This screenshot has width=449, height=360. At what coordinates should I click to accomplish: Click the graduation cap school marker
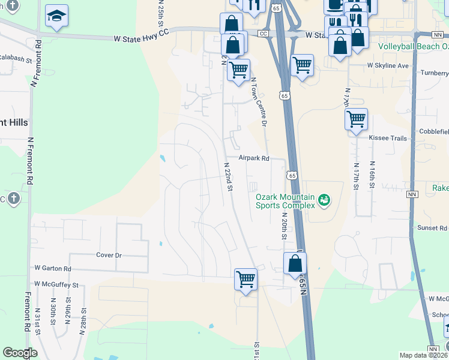click(x=56, y=16)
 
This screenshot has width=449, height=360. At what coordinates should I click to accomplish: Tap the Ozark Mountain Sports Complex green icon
click(x=325, y=200)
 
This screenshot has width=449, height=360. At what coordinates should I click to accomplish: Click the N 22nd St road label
click(x=228, y=176)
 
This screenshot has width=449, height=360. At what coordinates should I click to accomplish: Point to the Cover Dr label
click(x=109, y=255)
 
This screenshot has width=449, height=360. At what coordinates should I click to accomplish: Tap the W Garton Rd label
click(x=53, y=269)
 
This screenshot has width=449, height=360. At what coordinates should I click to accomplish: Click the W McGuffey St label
click(x=56, y=284)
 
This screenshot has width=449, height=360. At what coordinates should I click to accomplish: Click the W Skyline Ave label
click(x=388, y=65)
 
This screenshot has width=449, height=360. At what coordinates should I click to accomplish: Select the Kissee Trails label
click(x=391, y=138)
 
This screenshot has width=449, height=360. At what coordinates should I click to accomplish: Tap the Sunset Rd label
click(x=433, y=228)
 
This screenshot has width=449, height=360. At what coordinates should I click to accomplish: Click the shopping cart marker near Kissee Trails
click(x=356, y=119)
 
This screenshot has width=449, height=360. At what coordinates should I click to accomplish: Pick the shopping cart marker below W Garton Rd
click(x=246, y=278)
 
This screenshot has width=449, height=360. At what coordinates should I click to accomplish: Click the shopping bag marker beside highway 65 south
click(x=295, y=263)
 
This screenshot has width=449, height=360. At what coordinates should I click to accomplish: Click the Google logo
click(x=20, y=353)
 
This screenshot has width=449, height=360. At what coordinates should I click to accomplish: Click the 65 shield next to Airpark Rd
click(x=291, y=175)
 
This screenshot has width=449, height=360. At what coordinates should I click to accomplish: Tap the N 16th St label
click(x=372, y=175)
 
